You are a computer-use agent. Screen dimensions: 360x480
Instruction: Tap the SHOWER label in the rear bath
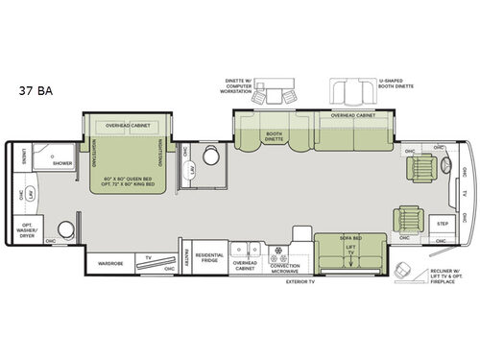pyautogui.click(x=62, y=163)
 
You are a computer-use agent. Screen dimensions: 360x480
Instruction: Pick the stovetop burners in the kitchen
pyautogui.click(x=282, y=256)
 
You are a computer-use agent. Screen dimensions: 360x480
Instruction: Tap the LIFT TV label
pyautogui.click(x=349, y=250)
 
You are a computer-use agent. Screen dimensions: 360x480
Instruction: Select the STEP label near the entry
pyautogui.click(x=443, y=223)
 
